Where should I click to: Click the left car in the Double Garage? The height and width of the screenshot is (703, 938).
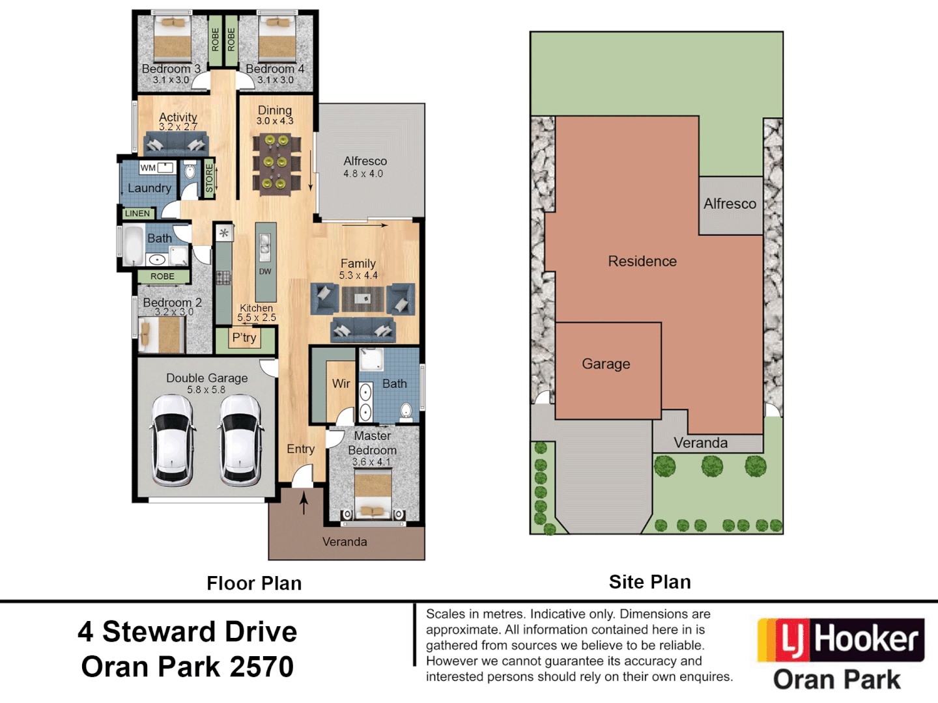(x=173, y=441)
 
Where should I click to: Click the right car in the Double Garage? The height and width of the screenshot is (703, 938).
(x=241, y=441)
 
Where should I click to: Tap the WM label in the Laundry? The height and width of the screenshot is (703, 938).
(x=148, y=168)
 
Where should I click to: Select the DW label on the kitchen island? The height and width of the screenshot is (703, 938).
(x=265, y=271)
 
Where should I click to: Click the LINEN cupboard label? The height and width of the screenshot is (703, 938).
(x=137, y=214)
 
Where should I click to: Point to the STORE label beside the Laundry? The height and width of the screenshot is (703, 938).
(x=209, y=178)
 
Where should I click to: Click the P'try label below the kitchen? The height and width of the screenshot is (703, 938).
(x=244, y=338)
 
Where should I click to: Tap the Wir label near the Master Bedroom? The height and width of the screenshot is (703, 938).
(x=341, y=384)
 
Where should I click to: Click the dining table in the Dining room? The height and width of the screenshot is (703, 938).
(x=276, y=162)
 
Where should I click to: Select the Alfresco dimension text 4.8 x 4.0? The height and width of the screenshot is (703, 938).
(x=363, y=174)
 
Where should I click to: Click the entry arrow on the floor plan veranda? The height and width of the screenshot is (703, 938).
(x=304, y=503)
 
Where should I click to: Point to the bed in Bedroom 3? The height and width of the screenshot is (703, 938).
(x=172, y=40)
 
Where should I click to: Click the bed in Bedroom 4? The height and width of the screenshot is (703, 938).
(x=277, y=40)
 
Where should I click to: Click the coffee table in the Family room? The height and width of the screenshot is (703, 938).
(x=363, y=299)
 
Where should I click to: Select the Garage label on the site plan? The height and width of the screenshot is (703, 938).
(x=606, y=364)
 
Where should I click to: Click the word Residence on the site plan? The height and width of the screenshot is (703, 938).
(x=642, y=261)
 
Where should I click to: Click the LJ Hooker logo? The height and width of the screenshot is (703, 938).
(x=840, y=640)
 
